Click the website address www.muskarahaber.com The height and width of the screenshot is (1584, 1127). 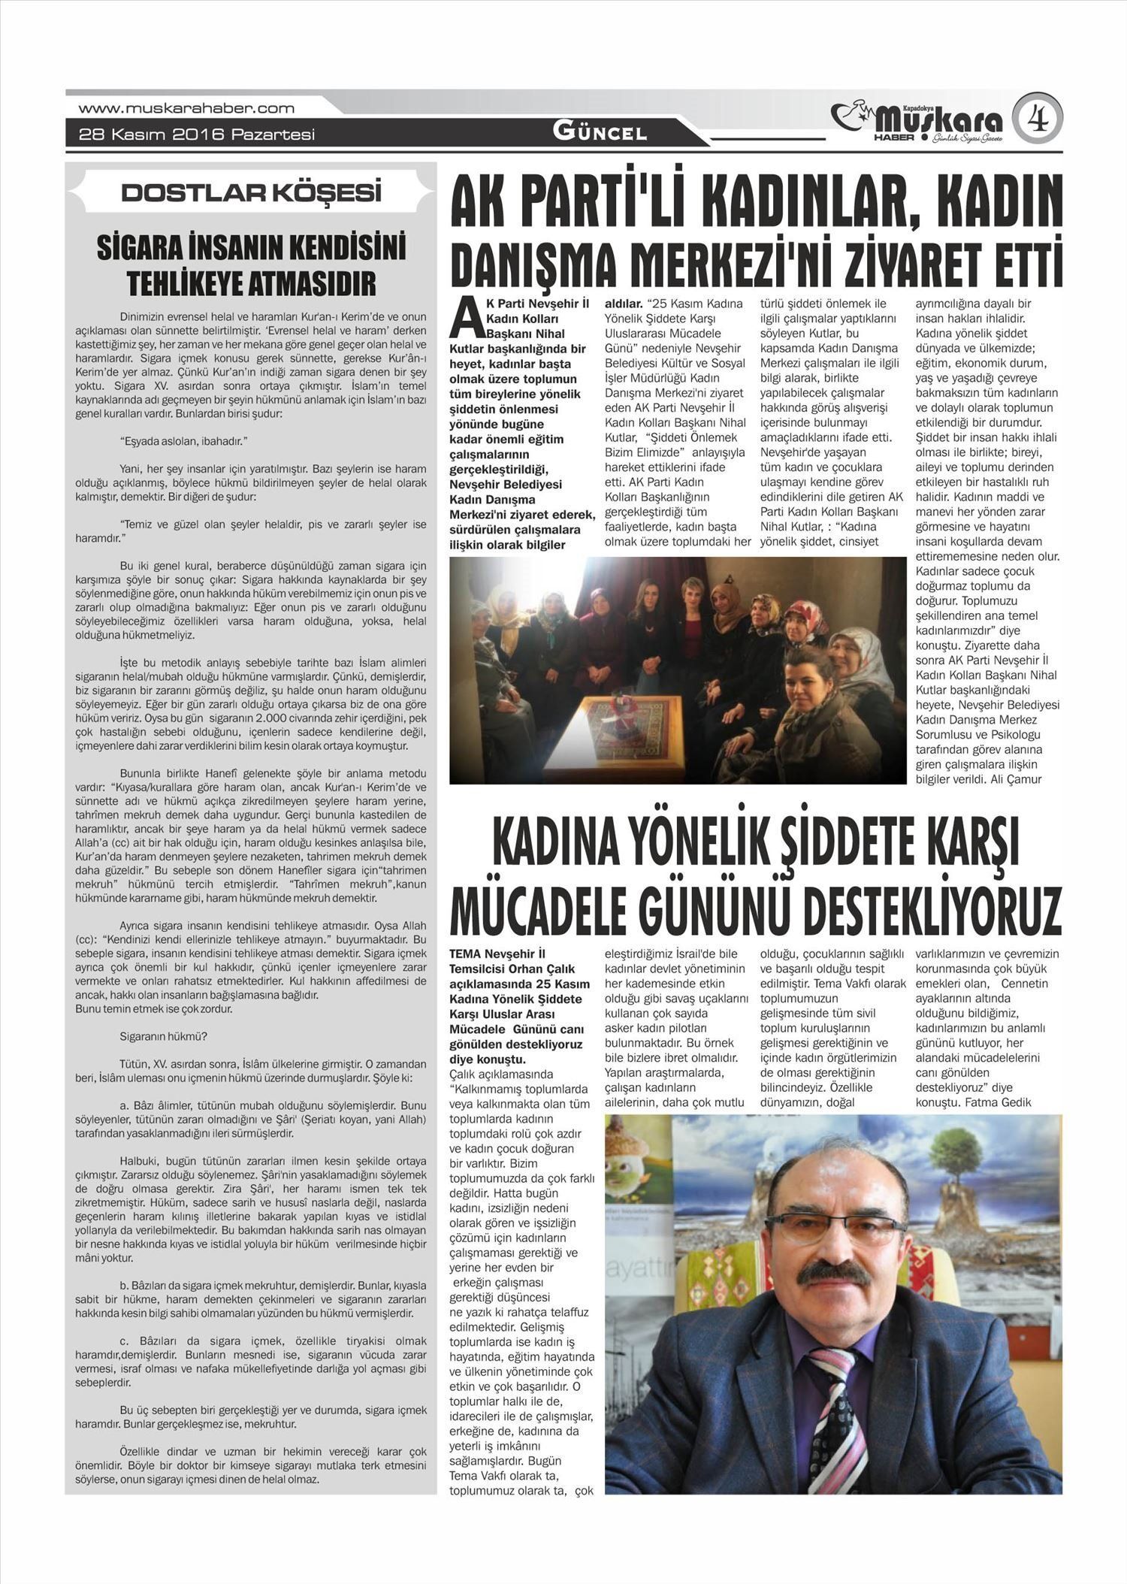click(x=186, y=108)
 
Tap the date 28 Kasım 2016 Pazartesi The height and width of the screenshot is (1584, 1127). click(x=197, y=135)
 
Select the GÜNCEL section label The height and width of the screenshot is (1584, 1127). click(x=600, y=133)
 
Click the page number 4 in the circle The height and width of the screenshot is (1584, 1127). click(x=1038, y=117)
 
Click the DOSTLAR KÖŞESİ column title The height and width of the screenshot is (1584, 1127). click(x=251, y=193)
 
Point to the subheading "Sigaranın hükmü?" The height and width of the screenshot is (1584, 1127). click(x=163, y=1036)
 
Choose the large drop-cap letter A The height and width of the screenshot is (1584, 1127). click(x=465, y=319)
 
